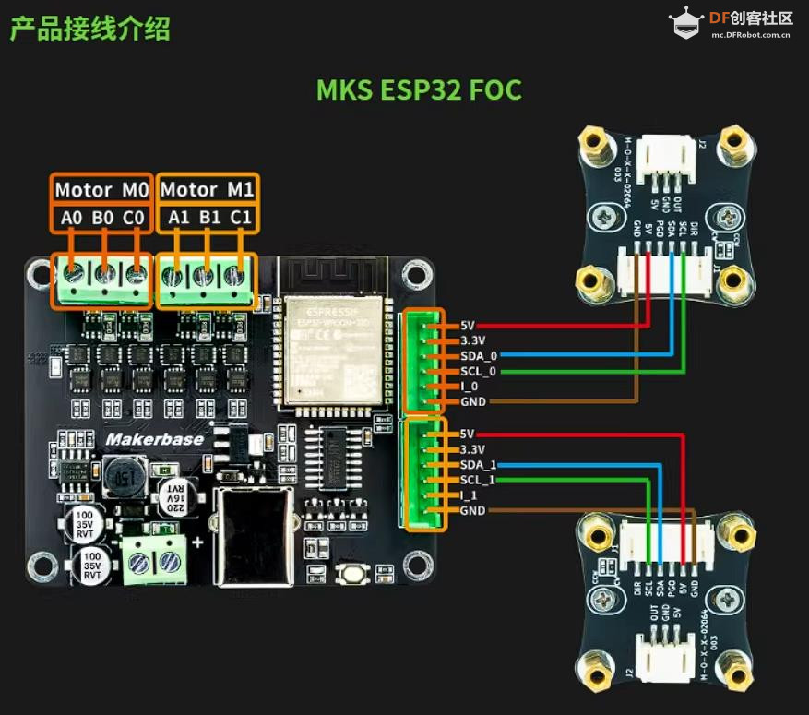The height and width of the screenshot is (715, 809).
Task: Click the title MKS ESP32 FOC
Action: [419, 90]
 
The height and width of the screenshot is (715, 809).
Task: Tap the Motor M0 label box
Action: [101, 190]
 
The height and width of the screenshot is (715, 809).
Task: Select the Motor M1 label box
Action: [207, 190]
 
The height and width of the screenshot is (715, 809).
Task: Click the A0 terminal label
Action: [71, 218]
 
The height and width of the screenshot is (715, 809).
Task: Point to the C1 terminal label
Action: [241, 218]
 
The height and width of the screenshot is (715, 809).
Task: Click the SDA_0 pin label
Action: [479, 355]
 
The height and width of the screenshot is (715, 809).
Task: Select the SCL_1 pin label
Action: [479, 480]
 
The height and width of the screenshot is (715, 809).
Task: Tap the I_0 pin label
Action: [468, 387]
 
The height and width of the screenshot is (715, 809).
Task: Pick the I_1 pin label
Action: [468, 495]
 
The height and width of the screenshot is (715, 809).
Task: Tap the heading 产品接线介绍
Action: [90, 29]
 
